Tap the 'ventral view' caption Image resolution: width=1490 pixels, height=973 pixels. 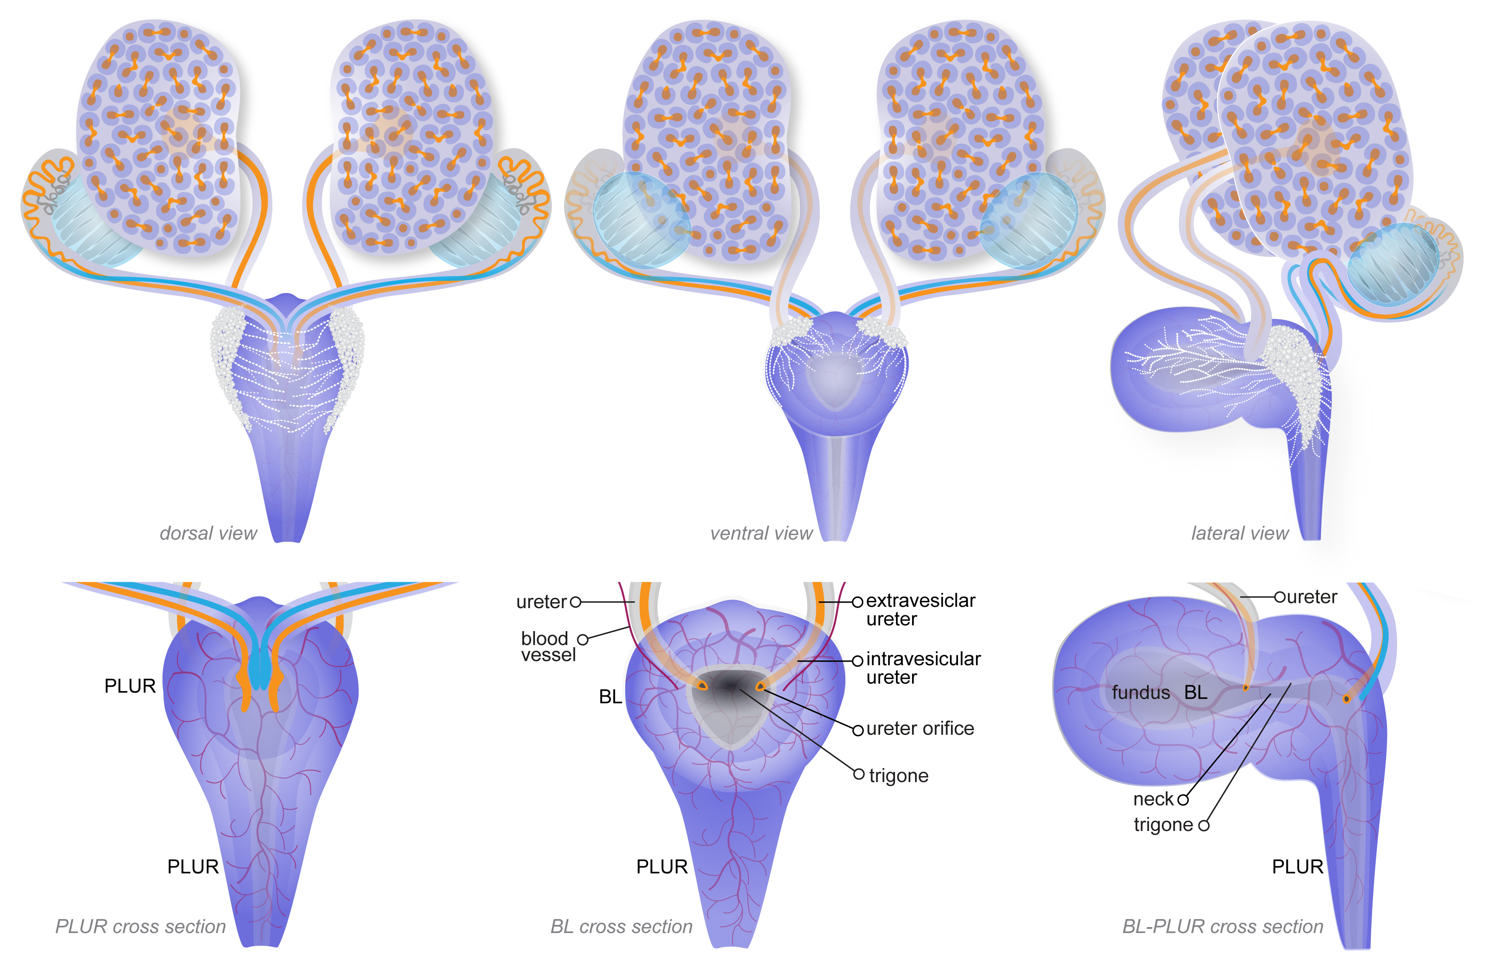(761, 533)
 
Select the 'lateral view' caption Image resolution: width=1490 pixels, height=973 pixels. (1240, 533)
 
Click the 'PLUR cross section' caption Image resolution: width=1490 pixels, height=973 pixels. (140, 926)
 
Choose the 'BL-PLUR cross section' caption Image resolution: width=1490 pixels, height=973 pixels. (1223, 926)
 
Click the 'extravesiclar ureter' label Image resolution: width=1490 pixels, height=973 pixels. (920, 609)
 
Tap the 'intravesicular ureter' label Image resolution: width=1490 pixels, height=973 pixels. (924, 668)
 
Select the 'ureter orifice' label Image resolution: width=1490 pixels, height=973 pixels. (920, 728)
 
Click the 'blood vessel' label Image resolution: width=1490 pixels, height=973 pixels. (549, 646)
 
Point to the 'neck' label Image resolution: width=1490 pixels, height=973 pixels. (1153, 799)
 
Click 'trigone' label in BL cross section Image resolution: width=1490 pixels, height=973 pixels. (898, 776)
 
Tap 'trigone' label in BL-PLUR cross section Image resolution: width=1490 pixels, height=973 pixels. (1163, 825)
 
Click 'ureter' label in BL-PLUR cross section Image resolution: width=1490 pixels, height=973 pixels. (1311, 597)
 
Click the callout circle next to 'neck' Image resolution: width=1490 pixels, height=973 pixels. (1183, 799)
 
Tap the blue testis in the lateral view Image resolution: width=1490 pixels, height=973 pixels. (1393, 266)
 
